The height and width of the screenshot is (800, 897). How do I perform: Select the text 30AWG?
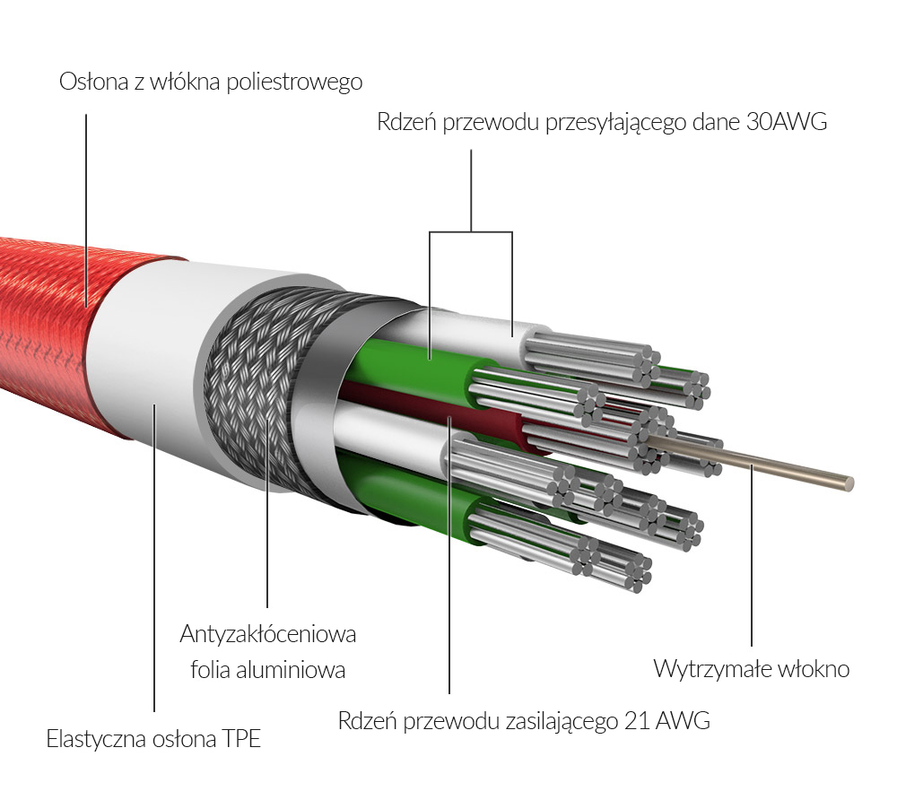pyautogui.click(x=786, y=123)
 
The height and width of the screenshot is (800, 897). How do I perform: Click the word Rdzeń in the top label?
pyautogui.click(x=407, y=123)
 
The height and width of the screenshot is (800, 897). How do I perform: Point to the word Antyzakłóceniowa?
pyautogui.click(x=268, y=634)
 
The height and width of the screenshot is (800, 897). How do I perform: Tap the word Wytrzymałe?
pyautogui.click(x=705, y=669)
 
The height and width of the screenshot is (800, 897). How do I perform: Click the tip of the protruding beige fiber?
pyautogui.click(x=848, y=483)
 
